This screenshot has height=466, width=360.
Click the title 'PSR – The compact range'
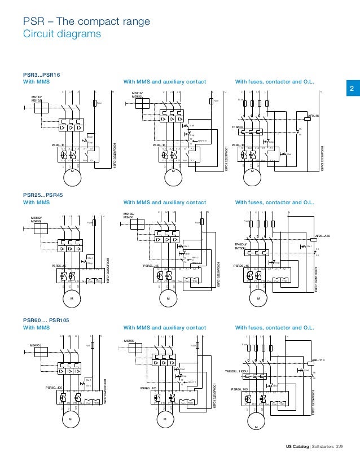click(86, 23)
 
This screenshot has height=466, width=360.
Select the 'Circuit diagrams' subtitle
click(62, 34)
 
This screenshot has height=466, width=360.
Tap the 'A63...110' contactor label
click(319, 359)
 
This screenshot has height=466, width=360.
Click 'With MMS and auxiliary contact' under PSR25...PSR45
click(164, 202)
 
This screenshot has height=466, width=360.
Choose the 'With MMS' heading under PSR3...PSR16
click(36, 81)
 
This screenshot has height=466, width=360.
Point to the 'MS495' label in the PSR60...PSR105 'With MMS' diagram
click(36, 344)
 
